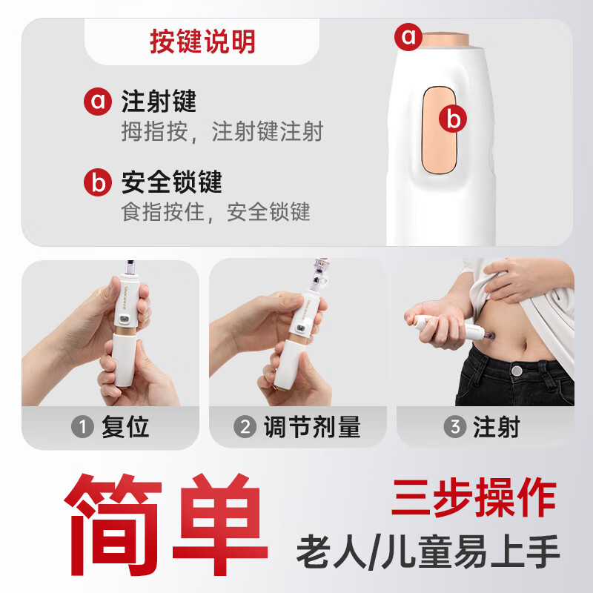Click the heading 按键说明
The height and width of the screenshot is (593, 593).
[202, 42]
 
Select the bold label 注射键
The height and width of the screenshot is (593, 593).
[159, 102]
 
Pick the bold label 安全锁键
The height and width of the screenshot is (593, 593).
[172, 182]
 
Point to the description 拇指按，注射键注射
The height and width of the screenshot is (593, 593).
[222, 133]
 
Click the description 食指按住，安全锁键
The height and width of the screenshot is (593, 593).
[216, 213]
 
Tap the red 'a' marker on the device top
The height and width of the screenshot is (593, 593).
[408, 36]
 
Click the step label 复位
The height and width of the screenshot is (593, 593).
[125, 428]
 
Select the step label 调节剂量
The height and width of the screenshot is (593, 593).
[311, 428]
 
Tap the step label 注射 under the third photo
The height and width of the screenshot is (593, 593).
[497, 428]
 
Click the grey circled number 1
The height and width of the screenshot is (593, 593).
[83, 428]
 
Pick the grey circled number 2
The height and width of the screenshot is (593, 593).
[245, 428]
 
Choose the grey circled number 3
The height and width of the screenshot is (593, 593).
[454, 428]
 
